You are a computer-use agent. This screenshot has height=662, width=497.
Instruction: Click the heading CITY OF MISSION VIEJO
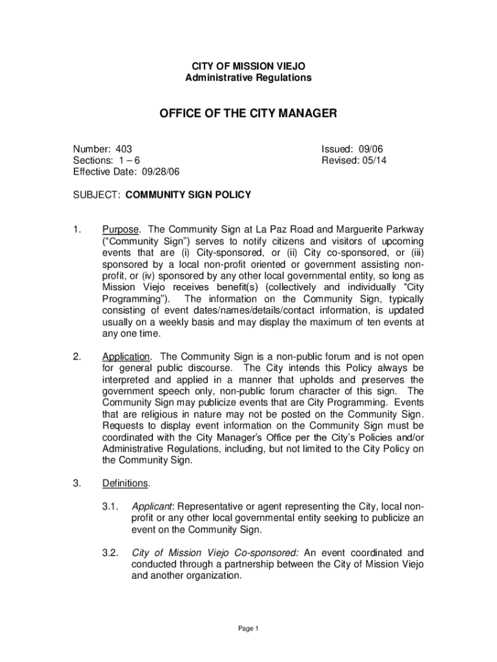click(248, 66)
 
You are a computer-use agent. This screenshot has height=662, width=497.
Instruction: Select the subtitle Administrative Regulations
click(248, 78)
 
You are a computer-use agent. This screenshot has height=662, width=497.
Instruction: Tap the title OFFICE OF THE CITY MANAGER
click(248, 114)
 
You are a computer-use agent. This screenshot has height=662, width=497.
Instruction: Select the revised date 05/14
click(373, 160)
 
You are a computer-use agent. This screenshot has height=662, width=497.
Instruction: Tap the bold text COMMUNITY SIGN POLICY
click(188, 194)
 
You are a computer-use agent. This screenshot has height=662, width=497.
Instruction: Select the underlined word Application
click(127, 356)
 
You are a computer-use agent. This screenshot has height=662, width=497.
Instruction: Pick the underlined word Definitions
click(125, 484)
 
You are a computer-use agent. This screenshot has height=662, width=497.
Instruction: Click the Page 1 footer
click(248, 628)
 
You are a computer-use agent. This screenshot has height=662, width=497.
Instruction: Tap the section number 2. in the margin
click(77, 356)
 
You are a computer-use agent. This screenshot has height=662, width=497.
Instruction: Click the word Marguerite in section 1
click(361, 229)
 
